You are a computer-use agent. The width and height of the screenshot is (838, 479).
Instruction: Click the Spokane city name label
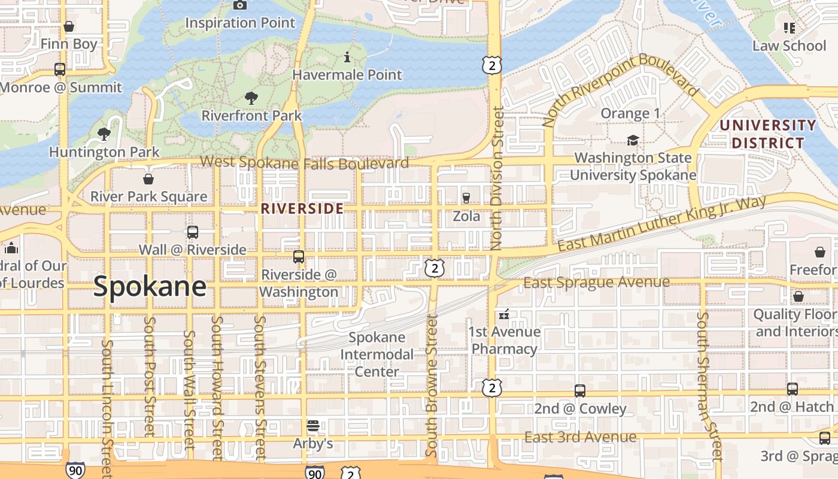150,287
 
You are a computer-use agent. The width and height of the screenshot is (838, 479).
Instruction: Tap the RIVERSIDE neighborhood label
302,208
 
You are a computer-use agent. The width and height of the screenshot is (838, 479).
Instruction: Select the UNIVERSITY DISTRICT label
768,134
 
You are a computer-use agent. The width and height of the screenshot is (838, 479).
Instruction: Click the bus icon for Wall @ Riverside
193,232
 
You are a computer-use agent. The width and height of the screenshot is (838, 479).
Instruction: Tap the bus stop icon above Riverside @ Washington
299,257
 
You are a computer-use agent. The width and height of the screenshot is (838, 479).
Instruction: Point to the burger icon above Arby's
312,426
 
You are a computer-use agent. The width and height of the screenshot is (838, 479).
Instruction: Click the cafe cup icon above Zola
466,198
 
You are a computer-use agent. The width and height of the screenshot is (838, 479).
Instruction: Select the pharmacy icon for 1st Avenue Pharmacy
504,314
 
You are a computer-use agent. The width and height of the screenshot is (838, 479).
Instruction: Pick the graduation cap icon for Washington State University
633,141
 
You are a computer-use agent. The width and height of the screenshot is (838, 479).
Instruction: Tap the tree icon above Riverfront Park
251,98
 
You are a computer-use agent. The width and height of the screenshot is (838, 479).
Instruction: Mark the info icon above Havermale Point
347,57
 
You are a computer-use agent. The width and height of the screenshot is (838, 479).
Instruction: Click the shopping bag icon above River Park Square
148,179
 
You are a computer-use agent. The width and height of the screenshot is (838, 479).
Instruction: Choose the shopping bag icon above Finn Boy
69,27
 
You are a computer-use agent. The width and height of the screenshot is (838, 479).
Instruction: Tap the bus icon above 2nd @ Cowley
579,391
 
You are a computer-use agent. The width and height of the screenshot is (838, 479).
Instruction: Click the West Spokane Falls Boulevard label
304,162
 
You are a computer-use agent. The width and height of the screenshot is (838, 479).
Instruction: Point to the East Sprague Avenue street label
596,282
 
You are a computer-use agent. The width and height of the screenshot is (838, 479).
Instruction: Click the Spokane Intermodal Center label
377,354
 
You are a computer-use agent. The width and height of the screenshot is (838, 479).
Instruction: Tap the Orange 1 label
630,113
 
